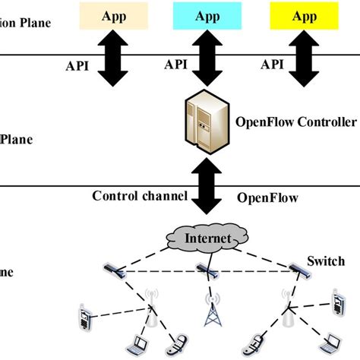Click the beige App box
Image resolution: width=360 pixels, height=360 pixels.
[110, 15]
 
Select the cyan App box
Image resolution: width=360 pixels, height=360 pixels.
[207, 15]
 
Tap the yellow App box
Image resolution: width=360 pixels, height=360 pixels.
[304, 15]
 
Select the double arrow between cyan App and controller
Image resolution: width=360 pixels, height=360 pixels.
[207, 61]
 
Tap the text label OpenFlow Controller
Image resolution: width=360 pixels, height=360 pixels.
[297, 122]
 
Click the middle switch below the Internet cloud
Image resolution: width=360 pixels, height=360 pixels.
[207, 268]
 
